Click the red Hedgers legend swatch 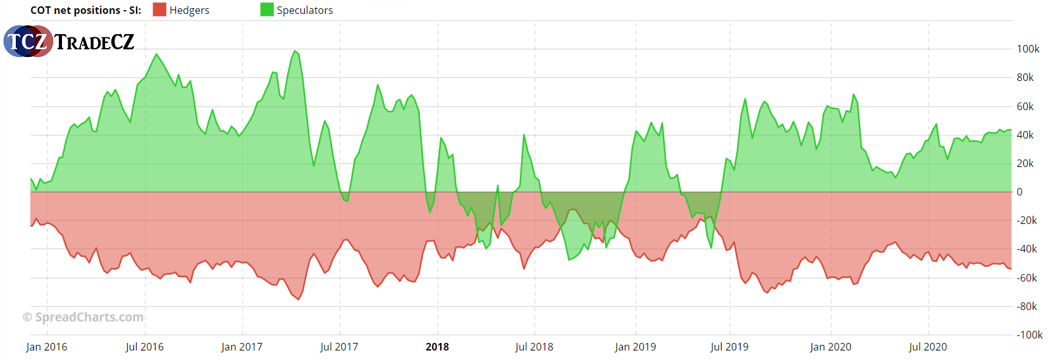tap(159, 10)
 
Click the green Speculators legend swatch tap(267, 10)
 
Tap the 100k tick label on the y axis tap(1028, 49)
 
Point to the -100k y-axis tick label tap(1029, 335)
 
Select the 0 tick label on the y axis tap(1019, 192)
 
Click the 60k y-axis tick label tap(1025, 106)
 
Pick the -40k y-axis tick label tap(1026, 249)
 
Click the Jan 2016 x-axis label tap(47, 347)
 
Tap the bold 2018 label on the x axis tap(437, 347)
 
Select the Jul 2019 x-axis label tap(729, 347)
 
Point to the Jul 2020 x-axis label tap(928, 347)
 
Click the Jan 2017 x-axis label tap(242, 347)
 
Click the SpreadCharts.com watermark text tap(83, 317)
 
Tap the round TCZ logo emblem tap(28, 42)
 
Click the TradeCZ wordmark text tap(94, 42)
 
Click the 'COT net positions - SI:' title tap(86, 10)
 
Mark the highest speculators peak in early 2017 tap(295, 51)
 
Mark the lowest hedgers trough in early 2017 tap(299, 299)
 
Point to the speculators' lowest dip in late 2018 tap(569, 259)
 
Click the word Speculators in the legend tap(305, 10)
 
